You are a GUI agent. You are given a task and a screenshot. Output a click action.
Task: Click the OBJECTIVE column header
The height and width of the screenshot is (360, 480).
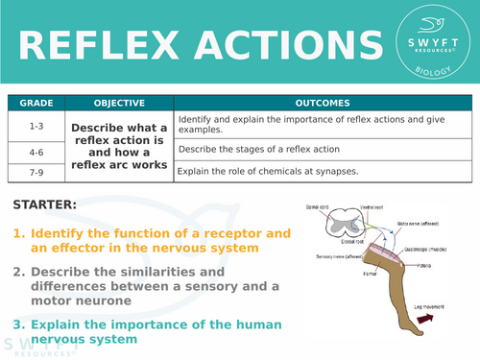click(119, 103)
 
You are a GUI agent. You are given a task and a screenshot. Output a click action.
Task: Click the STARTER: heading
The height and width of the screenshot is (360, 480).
click(45, 204)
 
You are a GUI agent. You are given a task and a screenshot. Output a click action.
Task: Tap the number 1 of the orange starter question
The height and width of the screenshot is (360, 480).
click(17, 233)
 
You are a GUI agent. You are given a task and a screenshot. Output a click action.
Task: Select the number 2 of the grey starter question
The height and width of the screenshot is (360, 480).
click(17, 271)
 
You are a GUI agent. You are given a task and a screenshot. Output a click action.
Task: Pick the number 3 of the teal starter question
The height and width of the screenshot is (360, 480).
click(17, 324)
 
